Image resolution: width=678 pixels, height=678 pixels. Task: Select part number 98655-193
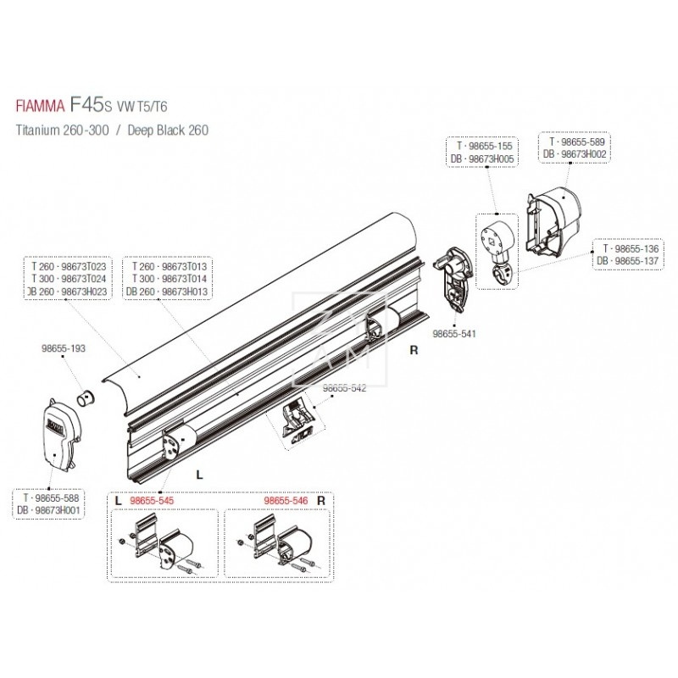tap(64, 348)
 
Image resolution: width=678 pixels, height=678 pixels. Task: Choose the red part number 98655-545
tap(153, 501)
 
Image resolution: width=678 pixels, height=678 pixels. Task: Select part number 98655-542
tap(343, 388)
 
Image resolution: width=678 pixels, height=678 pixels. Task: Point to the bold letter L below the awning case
tap(198, 475)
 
